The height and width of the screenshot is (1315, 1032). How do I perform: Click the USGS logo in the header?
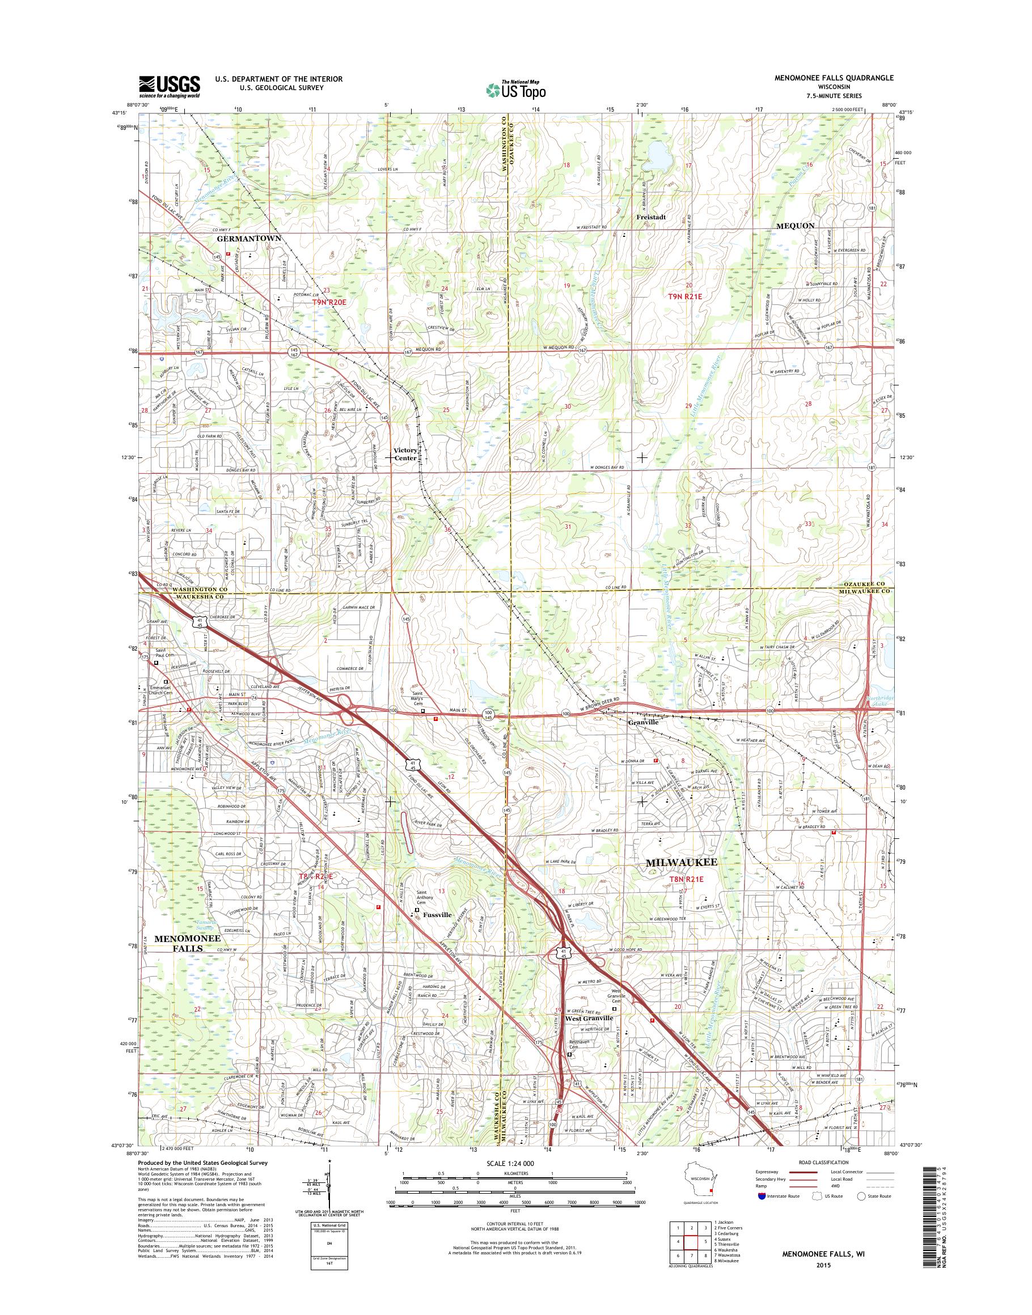click(169, 86)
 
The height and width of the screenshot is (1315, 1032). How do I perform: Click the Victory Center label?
click(405, 453)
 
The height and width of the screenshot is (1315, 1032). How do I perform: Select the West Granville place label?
click(589, 1018)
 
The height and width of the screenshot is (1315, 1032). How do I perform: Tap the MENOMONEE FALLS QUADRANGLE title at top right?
click(843, 78)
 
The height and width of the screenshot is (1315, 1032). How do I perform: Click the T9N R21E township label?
click(688, 296)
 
